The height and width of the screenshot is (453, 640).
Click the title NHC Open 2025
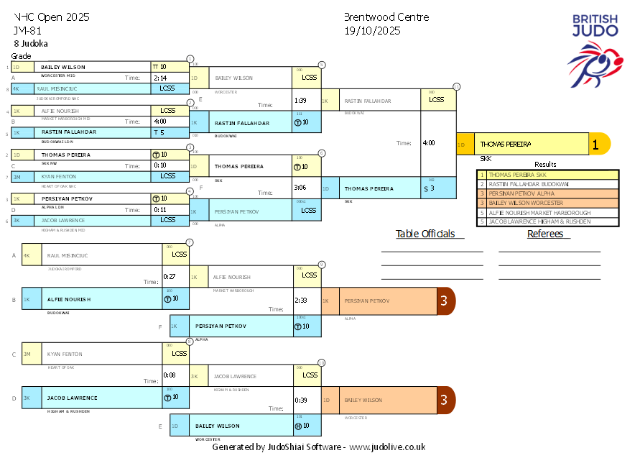pos(52,17)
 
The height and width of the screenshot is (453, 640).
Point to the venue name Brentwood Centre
pos(386,17)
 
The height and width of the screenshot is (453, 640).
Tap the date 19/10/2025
pos(372,31)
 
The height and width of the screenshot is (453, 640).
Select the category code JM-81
pos(28,31)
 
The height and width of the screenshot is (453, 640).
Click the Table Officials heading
pos(425,234)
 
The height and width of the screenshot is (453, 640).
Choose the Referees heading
pos(549,234)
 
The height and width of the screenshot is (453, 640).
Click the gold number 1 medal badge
pos(596,144)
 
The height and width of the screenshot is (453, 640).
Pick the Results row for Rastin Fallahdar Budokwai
pos(548,184)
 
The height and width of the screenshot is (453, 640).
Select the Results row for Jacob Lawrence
pos(548,221)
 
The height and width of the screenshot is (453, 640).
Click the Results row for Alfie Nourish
pos(548,212)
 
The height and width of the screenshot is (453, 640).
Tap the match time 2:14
pos(160,78)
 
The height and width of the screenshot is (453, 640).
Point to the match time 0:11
pos(160,210)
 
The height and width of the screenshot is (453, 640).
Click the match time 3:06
pos(300,187)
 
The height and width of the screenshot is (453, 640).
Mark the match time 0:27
pos(170,276)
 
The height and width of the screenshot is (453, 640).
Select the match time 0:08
pos(170,375)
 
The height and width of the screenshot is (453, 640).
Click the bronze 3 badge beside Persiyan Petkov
pos(445,301)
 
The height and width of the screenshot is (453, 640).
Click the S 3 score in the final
pos(430,188)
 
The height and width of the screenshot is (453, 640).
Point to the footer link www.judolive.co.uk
pos(387,447)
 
